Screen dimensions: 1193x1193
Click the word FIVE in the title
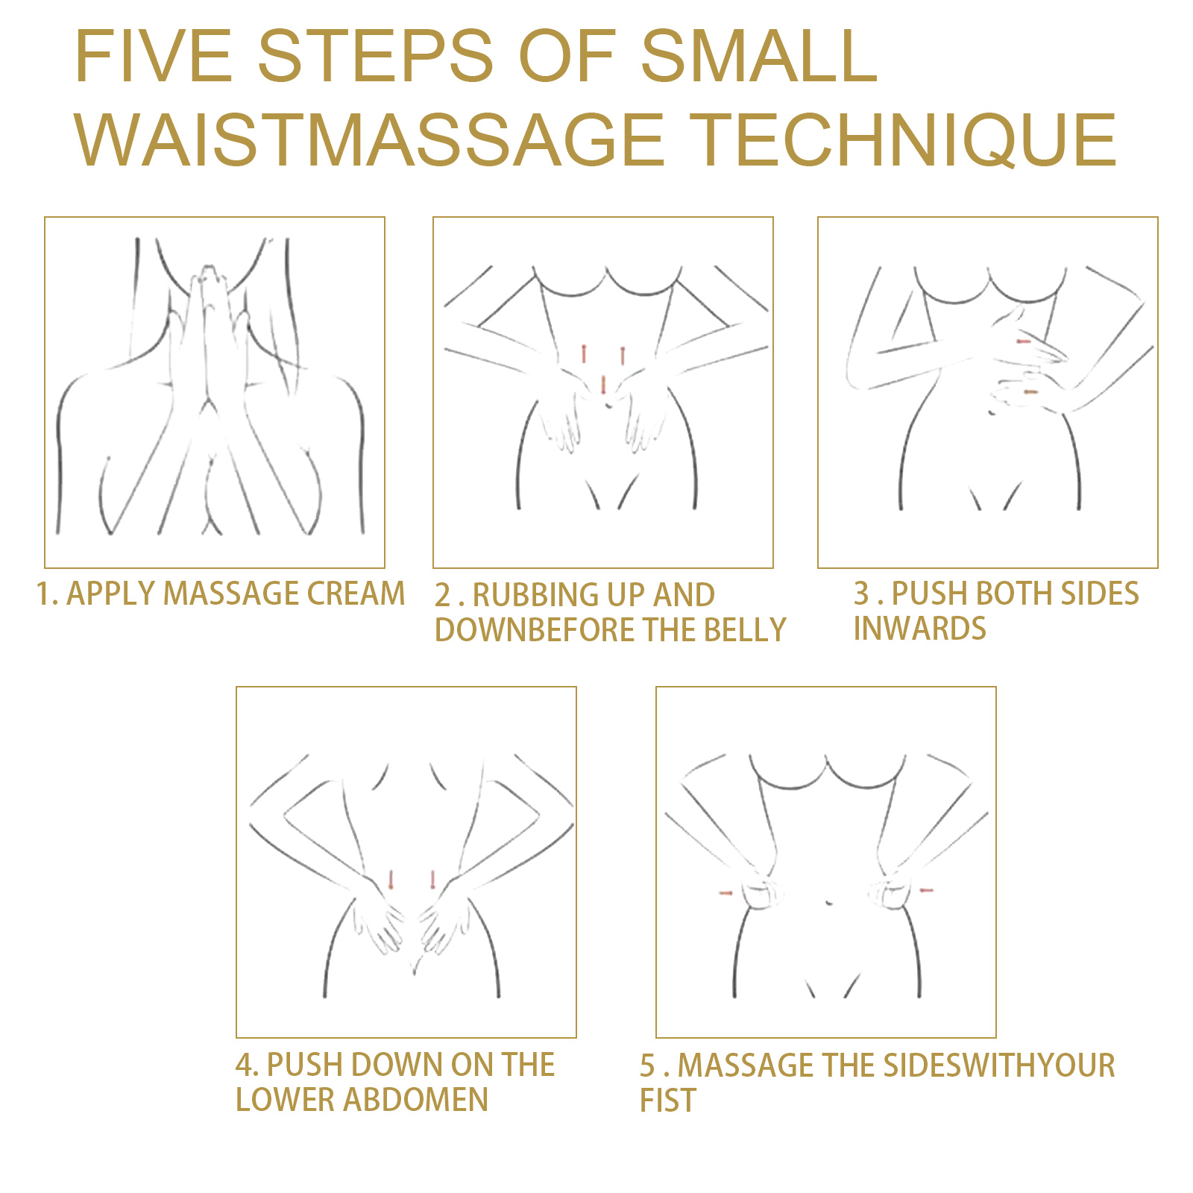click(154, 56)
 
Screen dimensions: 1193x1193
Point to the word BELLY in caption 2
click(745, 630)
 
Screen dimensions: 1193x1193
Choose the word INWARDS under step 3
click(919, 629)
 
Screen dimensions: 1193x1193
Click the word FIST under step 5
click(667, 1101)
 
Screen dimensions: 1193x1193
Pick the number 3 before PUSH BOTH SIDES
click(861, 594)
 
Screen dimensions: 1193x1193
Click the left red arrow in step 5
click(725, 893)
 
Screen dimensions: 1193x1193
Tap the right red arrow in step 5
click(926, 890)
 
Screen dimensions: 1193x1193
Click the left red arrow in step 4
click(391, 879)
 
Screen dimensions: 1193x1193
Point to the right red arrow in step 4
click(432, 879)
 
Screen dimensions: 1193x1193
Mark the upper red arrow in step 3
click(1024, 341)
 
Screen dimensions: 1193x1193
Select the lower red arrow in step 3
click(1030, 391)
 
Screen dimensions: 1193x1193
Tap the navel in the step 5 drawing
click(830, 904)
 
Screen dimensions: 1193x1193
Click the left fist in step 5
click(761, 893)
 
